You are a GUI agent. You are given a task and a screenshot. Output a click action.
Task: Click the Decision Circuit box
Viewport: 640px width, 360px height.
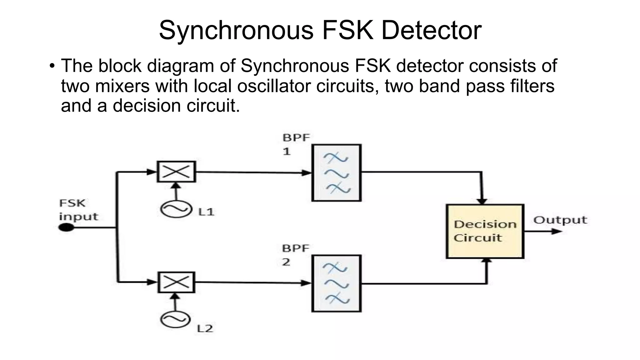pos(485,231)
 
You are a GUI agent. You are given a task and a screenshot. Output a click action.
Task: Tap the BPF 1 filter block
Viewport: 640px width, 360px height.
pos(337,173)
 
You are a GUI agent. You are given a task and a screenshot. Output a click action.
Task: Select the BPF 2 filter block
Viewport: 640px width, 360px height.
pos(337,283)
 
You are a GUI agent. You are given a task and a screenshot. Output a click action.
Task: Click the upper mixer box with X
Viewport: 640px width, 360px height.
pos(176,172)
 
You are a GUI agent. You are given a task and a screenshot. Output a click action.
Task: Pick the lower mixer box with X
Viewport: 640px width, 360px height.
pos(176,282)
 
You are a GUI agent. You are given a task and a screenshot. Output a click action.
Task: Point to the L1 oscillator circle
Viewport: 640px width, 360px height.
pos(176,209)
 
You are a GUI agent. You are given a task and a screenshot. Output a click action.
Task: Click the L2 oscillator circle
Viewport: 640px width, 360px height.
pos(175,319)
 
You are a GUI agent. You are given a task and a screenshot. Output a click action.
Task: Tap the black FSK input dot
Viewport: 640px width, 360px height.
pos(66,227)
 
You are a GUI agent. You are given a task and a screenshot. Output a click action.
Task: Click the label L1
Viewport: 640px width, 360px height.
pos(206,212)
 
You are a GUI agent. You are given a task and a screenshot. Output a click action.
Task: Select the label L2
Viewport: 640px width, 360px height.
pos(205,328)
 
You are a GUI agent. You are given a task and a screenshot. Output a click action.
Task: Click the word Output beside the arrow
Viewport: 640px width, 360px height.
pos(560,220)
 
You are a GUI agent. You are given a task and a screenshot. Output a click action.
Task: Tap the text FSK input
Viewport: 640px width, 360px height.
pos(78,210)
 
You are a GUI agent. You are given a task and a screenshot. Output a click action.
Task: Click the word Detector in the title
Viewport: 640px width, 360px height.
pos(431,30)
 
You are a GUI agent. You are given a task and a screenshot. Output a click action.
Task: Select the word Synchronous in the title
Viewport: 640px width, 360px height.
pos(236,30)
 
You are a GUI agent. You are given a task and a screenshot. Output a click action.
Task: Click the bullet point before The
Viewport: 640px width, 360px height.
pos(52,66)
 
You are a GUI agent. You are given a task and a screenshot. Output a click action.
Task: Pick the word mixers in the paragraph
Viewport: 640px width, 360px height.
pos(122,86)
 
